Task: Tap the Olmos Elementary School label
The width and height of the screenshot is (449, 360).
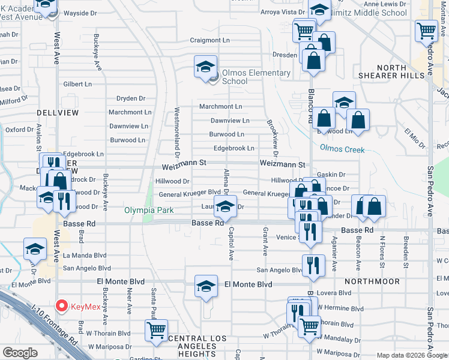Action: [256, 77]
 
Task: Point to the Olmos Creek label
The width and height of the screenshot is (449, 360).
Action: [342, 148]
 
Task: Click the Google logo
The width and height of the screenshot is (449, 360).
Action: [20, 353]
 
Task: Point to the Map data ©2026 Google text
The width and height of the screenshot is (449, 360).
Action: [412, 355]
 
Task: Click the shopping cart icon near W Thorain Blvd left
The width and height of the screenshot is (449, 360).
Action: [156, 330]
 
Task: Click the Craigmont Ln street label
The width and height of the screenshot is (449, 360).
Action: [210, 40]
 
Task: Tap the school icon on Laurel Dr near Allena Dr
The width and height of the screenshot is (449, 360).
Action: [225, 208]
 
